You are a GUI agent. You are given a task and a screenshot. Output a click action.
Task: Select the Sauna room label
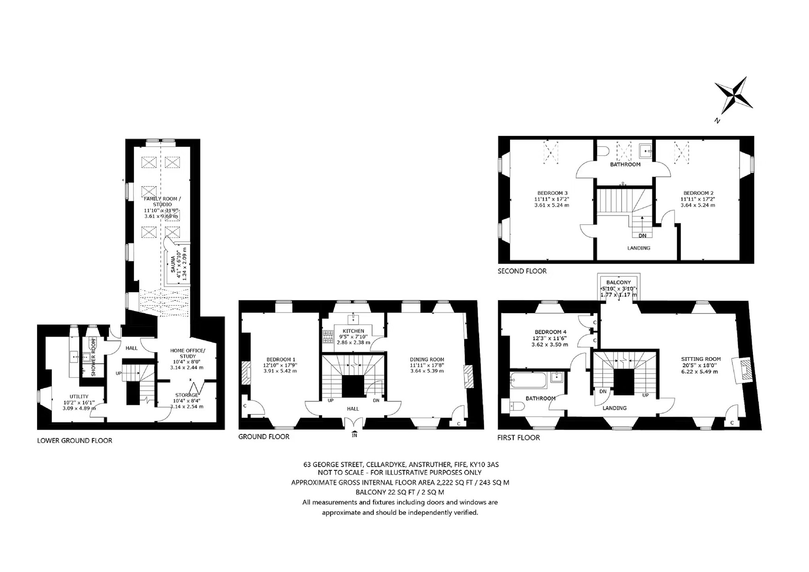[x=173, y=264]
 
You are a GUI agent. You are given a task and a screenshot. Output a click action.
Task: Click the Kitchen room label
[x=353, y=331]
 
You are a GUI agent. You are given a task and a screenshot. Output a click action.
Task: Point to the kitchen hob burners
[x=328, y=337]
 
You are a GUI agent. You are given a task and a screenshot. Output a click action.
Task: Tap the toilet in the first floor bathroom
[x=516, y=406]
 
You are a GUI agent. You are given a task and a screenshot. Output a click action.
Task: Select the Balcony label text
[x=619, y=282]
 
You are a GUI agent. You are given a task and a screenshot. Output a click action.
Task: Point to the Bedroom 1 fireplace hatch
[x=246, y=373]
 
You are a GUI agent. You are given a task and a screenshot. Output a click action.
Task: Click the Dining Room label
[x=427, y=359]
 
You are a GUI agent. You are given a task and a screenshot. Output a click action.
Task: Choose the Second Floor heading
[x=522, y=271]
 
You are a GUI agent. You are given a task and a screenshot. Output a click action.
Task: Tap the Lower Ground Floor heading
[x=75, y=440]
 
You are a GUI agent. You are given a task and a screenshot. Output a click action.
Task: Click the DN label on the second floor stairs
[x=642, y=236]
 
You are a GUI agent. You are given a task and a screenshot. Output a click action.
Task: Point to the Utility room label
[x=79, y=396]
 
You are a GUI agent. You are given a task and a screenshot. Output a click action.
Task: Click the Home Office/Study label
[x=187, y=353]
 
